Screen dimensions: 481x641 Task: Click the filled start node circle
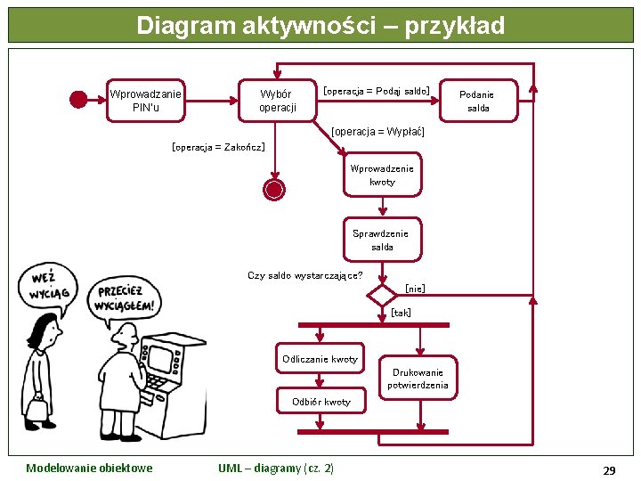[x=78, y=100]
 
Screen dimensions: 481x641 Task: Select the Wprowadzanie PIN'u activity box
[x=145, y=101]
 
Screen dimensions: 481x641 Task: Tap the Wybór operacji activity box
[x=277, y=101]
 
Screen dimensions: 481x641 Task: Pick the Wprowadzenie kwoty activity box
[x=383, y=175]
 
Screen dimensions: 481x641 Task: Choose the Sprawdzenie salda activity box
[x=382, y=240]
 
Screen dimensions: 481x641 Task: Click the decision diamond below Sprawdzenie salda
[x=382, y=295]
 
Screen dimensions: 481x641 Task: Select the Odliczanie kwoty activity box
[x=320, y=359]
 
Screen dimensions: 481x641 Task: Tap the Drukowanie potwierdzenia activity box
[x=418, y=379]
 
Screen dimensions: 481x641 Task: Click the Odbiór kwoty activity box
[x=321, y=402]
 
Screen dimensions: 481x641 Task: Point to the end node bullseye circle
[x=274, y=189]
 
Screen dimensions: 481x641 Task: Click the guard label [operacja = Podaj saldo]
[x=377, y=90]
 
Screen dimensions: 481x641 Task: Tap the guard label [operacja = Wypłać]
[x=377, y=131]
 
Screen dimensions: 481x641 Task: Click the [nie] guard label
[x=415, y=288]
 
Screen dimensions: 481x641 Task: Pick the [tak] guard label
[x=402, y=313]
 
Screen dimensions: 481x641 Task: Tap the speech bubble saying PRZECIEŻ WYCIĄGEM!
[x=126, y=298]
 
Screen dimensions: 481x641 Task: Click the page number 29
[x=609, y=469]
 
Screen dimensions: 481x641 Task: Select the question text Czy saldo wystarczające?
[x=304, y=275]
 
